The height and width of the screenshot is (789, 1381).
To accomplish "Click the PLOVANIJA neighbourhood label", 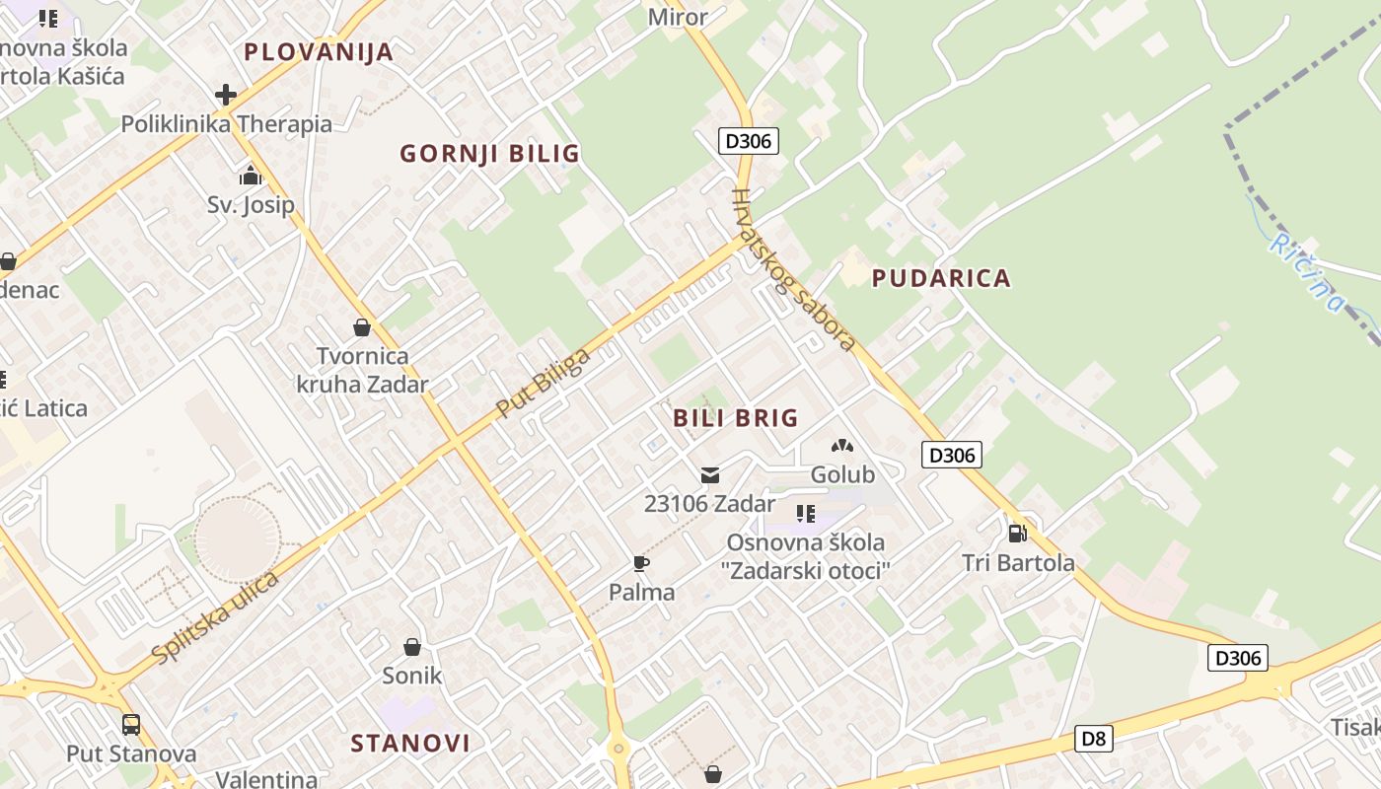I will [319, 52].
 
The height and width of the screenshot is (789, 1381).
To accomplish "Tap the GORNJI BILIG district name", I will [489, 154].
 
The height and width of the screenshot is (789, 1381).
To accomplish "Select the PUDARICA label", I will [941, 278].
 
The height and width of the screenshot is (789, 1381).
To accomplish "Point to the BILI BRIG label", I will [735, 418].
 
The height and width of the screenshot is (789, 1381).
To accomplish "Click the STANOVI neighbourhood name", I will [410, 743].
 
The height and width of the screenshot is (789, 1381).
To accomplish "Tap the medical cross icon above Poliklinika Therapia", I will [226, 95].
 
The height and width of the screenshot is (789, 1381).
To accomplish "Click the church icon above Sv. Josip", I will [251, 177].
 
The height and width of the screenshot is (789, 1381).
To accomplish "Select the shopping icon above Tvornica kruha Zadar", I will [362, 327].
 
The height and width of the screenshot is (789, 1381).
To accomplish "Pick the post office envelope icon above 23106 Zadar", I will [709, 475].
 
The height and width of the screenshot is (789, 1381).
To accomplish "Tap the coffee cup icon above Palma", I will [641, 564].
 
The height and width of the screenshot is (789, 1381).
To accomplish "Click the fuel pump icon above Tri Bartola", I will [1017, 534].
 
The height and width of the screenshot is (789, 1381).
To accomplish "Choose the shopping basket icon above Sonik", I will [412, 647].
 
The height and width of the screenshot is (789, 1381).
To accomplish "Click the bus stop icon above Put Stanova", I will [131, 725].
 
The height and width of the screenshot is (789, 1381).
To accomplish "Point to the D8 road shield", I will [1093, 738].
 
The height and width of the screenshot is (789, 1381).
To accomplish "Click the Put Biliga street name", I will [543, 383].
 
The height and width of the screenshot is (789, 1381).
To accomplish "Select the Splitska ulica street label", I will [216, 617].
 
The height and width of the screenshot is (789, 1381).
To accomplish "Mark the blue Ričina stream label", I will [1307, 272].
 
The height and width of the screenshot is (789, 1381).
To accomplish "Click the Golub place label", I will [842, 474].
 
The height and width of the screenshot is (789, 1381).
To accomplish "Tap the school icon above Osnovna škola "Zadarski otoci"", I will [806, 514].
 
